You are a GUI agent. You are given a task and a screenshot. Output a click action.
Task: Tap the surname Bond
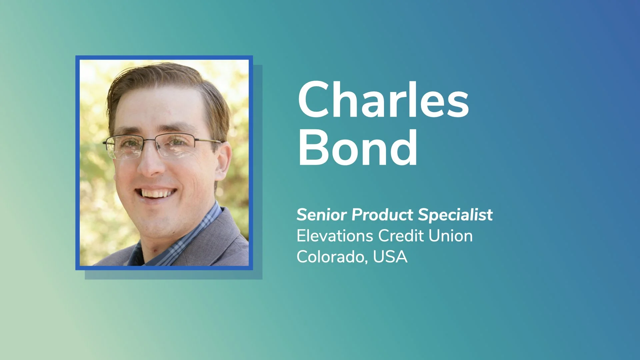(357, 147)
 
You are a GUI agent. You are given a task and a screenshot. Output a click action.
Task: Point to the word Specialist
(455, 215)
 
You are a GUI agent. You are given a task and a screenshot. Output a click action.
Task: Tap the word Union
(450, 236)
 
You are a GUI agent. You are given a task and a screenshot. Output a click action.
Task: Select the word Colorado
(332, 257)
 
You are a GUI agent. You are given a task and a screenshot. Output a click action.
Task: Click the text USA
(390, 257)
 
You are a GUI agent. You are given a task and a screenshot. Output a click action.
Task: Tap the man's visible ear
(223, 159)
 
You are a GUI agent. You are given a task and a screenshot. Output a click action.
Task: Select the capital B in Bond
(313, 147)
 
